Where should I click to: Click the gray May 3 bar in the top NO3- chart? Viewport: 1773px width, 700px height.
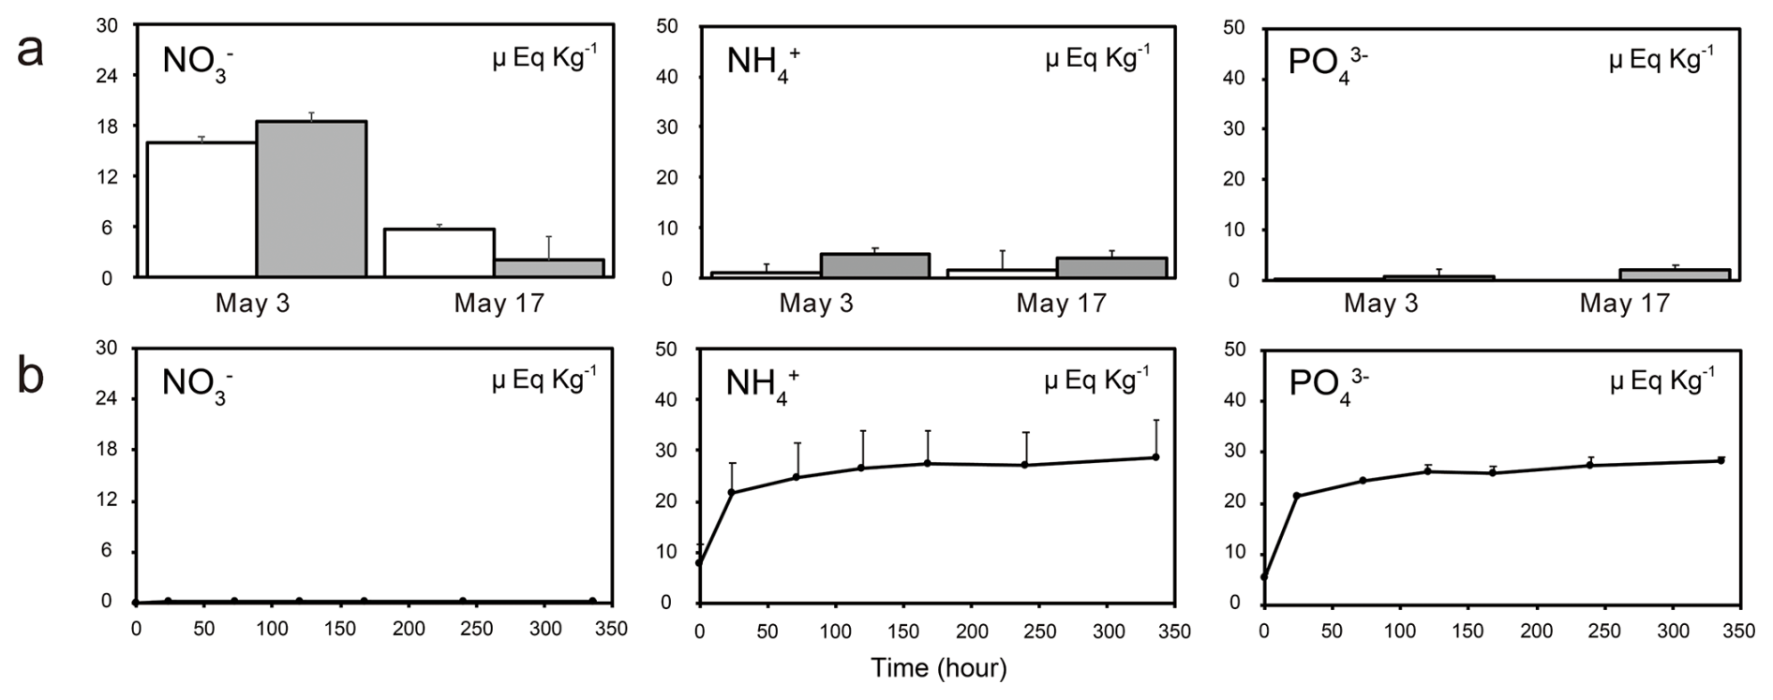[x=311, y=199]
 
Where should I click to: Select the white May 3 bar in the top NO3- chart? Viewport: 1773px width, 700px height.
[x=201, y=210]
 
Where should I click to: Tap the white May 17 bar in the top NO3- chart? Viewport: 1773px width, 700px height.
[x=440, y=253]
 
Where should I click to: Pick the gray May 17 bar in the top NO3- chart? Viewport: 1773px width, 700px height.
[x=549, y=268]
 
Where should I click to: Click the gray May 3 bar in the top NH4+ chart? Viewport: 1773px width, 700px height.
[x=875, y=265]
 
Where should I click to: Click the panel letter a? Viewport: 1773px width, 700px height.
[x=30, y=49]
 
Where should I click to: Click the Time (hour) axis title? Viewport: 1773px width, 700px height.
[x=938, y=668]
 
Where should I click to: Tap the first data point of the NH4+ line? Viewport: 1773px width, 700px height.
[x=699, y=563]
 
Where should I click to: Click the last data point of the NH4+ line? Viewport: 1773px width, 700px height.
[x=1155, y=457]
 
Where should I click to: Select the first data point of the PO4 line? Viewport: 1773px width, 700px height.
[x=1264, y=577]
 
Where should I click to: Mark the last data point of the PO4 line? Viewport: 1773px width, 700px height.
[x=1721, y=460]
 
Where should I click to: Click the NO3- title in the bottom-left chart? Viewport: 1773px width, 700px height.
[x=197, y=384]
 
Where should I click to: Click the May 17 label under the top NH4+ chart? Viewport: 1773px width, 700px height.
[x=1061, y=304]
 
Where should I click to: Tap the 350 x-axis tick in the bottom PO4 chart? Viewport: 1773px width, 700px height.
[x=1739, y=632]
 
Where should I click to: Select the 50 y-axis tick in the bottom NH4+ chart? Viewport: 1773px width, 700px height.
[x=670, y=350]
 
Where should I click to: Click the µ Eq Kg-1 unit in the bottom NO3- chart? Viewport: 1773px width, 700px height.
[x=544, y=380]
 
